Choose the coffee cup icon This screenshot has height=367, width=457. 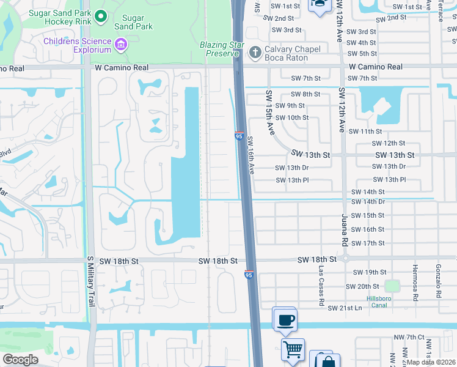[x=285, y=319]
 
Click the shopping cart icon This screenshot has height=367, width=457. [x=293, y=350]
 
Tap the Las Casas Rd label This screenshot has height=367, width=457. [x=320, y=286]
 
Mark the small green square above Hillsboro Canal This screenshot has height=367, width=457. [x=391, y=286]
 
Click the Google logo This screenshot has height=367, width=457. [x=20, y=360]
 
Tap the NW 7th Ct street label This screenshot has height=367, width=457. [x=408, y=337]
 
